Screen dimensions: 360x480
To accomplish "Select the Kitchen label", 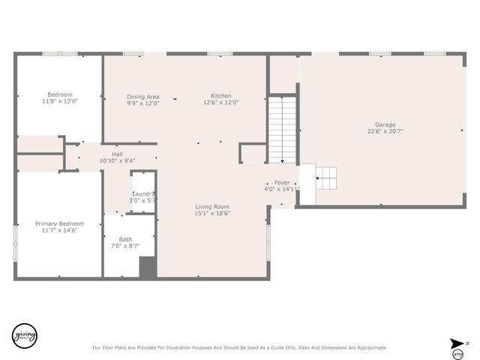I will [x=220, y=96].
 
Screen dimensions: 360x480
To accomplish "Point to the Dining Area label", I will [x=142, y=96].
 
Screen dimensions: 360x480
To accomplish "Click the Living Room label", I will [x=212, y=206].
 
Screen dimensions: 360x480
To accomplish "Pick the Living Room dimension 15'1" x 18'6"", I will [x=212, y=213].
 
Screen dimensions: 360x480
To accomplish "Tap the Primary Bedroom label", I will [x=60, y=223].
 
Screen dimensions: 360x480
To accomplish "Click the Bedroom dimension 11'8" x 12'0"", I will [x=60, y=101].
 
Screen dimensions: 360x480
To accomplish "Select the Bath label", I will [x=125, y=239].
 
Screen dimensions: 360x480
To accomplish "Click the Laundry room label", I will [x=142, y=193].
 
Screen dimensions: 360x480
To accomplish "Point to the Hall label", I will [x=117, y=154].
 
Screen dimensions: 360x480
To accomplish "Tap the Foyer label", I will [x=282, y=182].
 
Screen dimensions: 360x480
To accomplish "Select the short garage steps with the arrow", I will [x=326, y=178].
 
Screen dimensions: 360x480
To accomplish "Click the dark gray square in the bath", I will [x=148, y=268].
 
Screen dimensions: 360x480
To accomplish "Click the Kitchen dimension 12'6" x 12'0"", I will [x=220, y=103].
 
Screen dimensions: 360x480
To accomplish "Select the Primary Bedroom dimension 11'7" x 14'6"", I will [x=60, y=230].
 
